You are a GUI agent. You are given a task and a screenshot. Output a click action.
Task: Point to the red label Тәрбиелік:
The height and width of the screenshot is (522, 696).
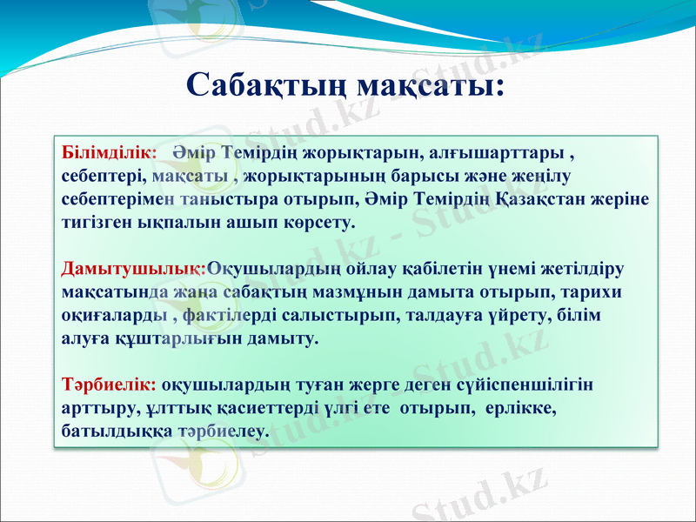click(109, 384)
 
